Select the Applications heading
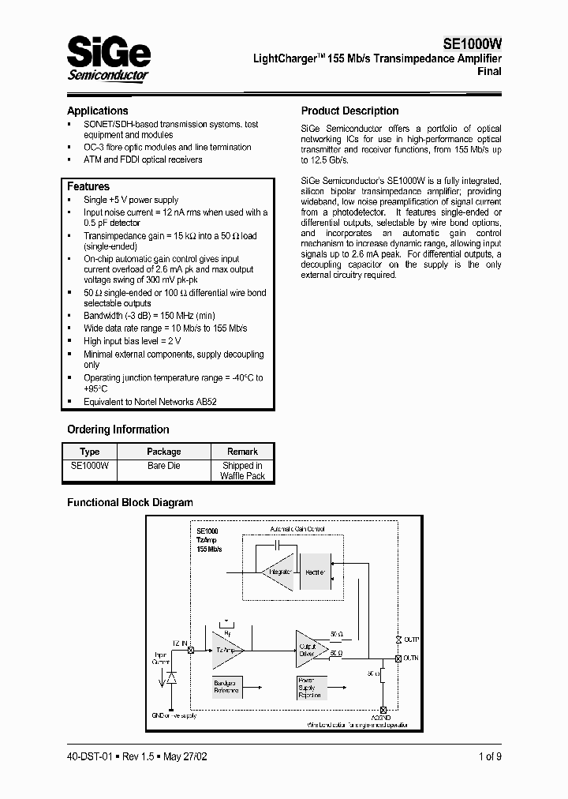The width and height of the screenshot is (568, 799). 97,111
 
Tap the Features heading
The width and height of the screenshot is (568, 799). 88,186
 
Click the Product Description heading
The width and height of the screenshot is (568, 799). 349,111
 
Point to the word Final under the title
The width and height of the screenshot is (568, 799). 489,71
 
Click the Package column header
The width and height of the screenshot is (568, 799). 163,452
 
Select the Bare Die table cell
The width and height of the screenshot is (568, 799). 163,466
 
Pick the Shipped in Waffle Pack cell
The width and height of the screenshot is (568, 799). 242,471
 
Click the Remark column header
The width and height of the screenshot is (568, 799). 242,452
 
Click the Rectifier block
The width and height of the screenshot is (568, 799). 315,571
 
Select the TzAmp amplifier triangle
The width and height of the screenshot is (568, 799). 225,649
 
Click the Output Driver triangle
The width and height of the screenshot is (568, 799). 309,648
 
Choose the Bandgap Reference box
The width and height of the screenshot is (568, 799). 226,686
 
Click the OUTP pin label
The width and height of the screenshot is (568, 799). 413,639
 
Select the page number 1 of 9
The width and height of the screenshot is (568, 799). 489,756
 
